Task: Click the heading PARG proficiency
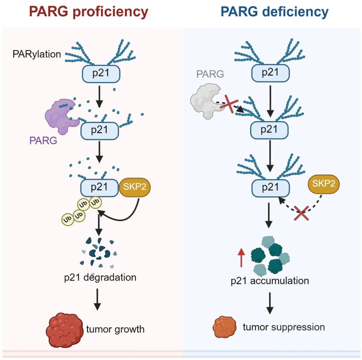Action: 89,12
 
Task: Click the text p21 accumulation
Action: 270,281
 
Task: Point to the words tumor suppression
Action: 283,327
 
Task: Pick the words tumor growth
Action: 115,329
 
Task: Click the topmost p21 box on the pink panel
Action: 100,74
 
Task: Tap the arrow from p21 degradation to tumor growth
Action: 97,299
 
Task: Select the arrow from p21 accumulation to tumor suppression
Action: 270,303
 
